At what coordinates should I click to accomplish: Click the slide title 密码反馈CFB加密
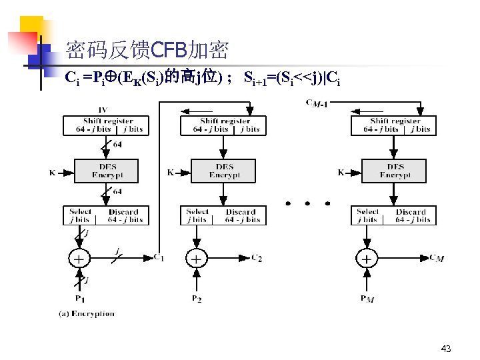147,49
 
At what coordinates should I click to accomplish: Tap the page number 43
446,349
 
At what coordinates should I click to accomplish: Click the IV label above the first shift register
103,110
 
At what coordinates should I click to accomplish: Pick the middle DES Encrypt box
224,171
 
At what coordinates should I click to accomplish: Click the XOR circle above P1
79,258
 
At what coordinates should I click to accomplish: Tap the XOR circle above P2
196,258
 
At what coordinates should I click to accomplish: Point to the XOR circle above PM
367,258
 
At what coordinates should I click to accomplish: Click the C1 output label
159,257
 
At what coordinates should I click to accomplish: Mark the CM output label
437,258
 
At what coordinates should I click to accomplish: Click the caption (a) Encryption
87,313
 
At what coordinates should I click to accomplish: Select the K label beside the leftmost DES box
53,173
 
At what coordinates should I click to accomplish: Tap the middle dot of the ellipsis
307,203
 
